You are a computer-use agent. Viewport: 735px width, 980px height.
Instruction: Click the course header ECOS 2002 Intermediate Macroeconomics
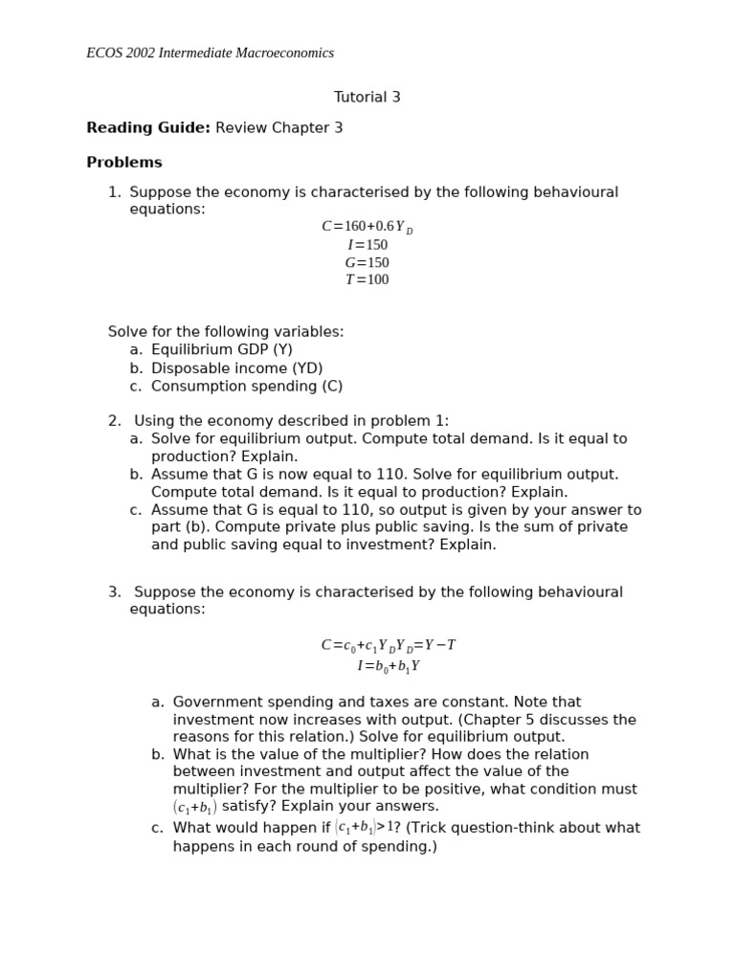pos(210,54)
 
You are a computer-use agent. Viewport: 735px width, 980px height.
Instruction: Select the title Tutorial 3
pos(367,98)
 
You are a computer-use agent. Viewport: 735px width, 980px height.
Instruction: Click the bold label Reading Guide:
pos(148,128)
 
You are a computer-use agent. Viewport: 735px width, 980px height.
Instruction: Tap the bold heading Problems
pos(124,163)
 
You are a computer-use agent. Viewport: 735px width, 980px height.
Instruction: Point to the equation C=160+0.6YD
pos(367,227)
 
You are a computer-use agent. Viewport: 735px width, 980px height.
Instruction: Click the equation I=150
pos(367,245)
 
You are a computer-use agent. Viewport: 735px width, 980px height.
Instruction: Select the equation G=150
pos(367,263)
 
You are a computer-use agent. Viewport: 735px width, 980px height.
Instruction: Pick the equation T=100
pos(367,280)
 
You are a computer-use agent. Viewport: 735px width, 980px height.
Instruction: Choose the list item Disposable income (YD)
pos(236,368)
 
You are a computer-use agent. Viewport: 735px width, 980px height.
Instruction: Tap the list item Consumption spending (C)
pos(246,387)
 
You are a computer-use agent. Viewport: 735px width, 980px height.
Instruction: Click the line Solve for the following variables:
pos(226,332)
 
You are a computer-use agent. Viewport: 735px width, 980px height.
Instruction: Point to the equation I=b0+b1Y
pos(388,666)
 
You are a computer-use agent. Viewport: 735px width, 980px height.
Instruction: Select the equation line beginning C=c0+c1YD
pos(388,646)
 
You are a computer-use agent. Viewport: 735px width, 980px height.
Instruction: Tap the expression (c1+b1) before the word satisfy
pos(194,808)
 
